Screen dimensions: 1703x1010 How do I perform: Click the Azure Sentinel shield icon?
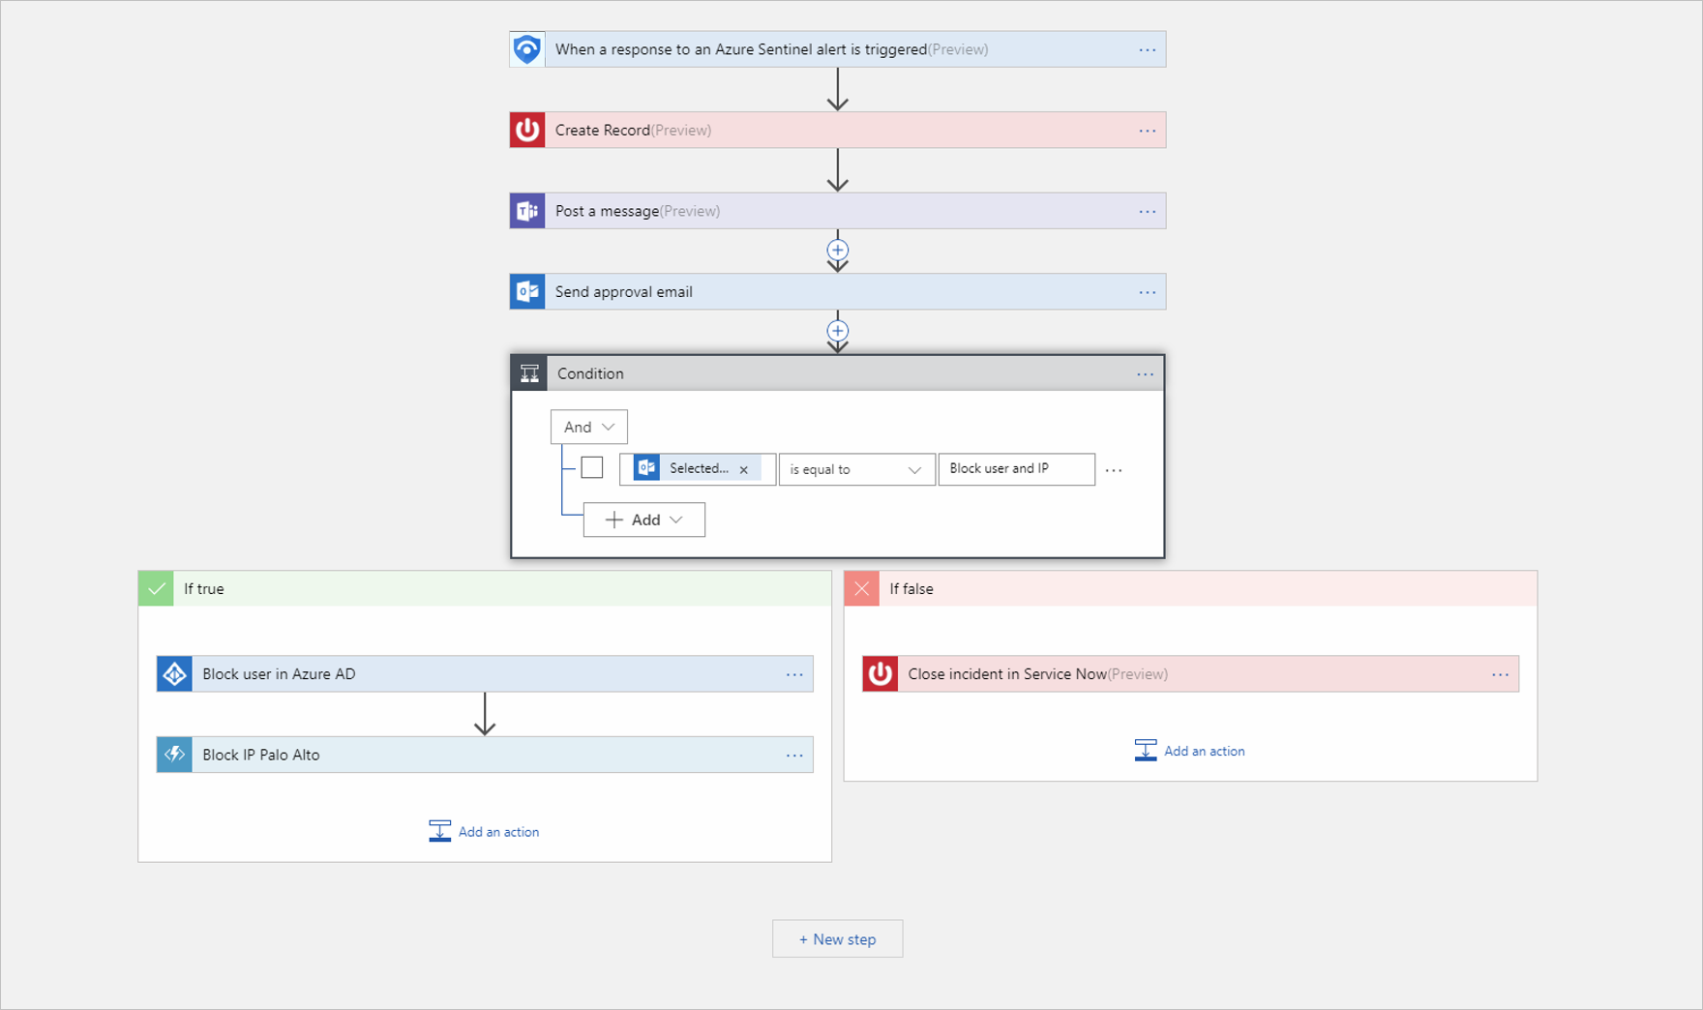527,49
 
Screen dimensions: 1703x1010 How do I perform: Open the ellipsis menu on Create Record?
1147,131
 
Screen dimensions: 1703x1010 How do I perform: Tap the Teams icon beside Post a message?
527,211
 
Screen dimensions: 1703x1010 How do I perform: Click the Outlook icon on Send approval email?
527,291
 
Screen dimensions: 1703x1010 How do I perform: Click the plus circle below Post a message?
838,250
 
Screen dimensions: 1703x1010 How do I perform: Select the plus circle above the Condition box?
838,331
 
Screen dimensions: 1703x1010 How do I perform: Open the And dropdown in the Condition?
588,427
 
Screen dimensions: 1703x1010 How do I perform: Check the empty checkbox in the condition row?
592,468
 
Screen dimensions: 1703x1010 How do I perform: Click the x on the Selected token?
744,469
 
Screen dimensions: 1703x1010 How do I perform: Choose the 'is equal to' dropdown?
856,469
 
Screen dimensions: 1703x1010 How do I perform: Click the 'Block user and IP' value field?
1016,469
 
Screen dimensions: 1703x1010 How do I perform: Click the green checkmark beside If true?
156,588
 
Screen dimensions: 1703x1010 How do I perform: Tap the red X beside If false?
861,588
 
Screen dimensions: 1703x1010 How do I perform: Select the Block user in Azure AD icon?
174,674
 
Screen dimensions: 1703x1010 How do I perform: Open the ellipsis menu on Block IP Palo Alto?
794,755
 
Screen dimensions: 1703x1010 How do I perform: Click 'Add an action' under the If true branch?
484,832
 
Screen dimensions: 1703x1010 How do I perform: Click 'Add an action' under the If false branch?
1189,751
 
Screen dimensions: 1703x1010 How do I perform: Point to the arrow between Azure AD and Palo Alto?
485,714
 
